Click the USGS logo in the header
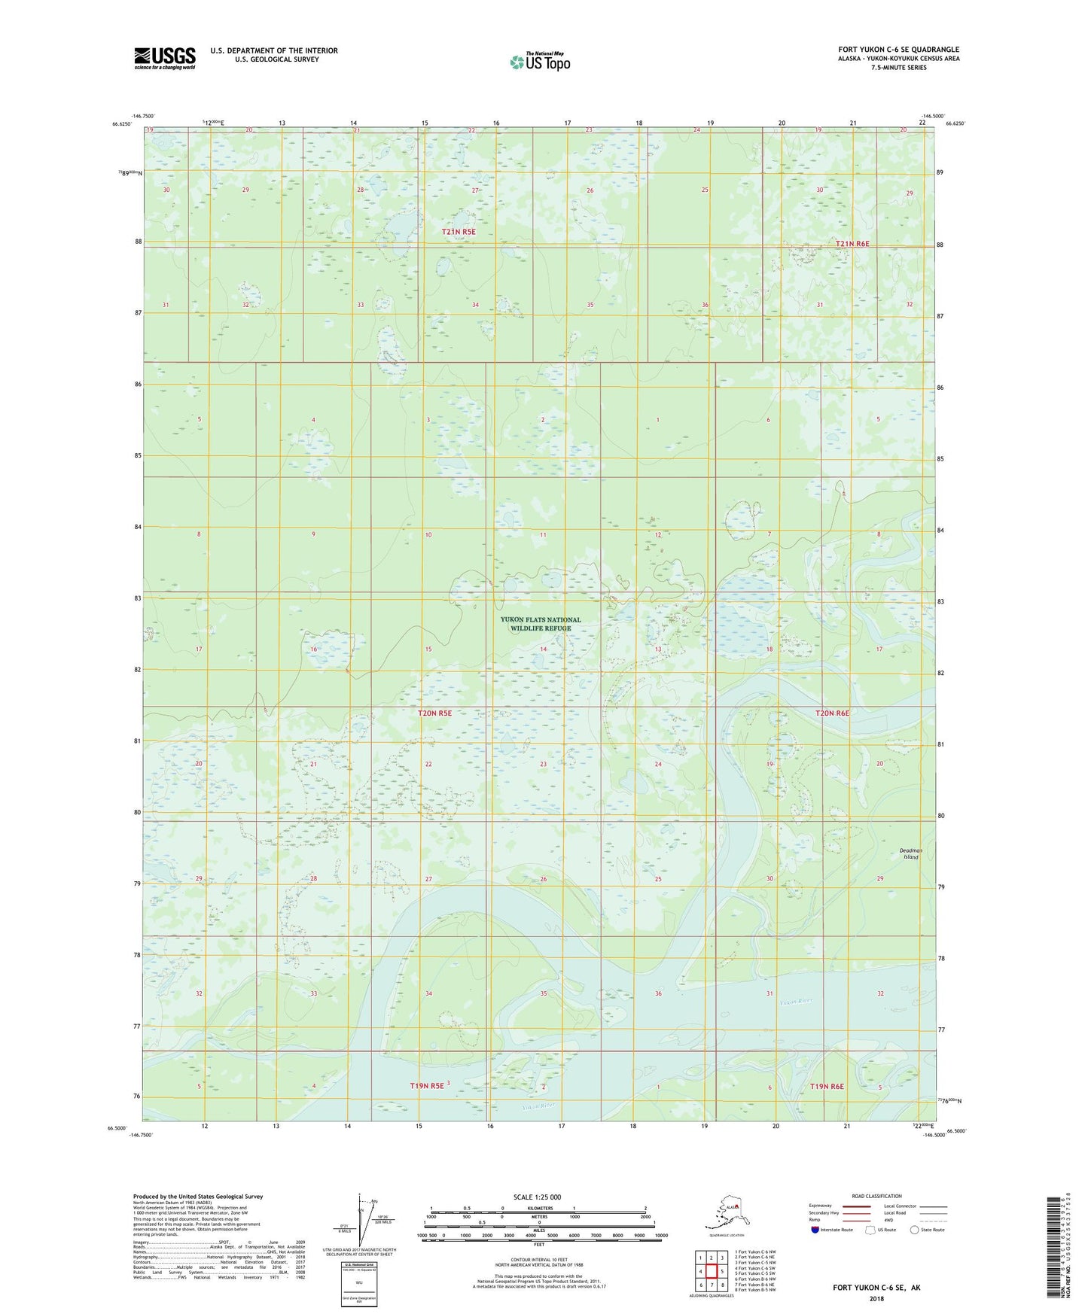coord(165,58)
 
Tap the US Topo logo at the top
coord(539,61)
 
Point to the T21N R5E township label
coord(459,233)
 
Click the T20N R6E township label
coord(832,713)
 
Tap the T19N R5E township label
coord(426,1086)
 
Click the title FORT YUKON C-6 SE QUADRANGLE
coord(898,50)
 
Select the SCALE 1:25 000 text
coord(538,1197)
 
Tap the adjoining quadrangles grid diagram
coord(710,1272)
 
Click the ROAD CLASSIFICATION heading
coord(876,1196)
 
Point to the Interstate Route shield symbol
coord(815,1230)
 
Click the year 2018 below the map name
coord(876,1298)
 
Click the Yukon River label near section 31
coord(796,1002)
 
